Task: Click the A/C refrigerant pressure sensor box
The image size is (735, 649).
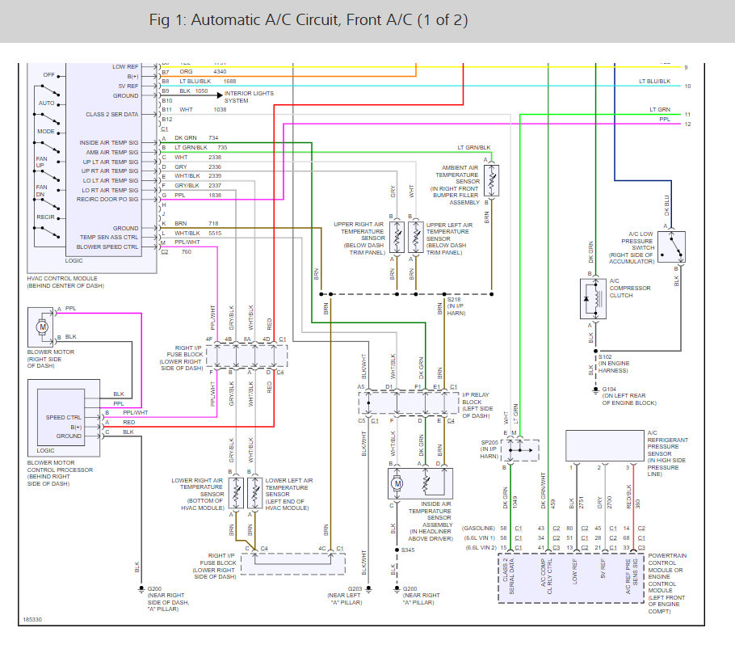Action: (x=603, y=445)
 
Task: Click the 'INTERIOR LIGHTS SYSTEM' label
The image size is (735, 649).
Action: (x=249, y=97)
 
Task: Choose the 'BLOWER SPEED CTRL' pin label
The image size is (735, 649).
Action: (x=107, y=247)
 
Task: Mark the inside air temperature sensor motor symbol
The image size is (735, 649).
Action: (x=397, y=484)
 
